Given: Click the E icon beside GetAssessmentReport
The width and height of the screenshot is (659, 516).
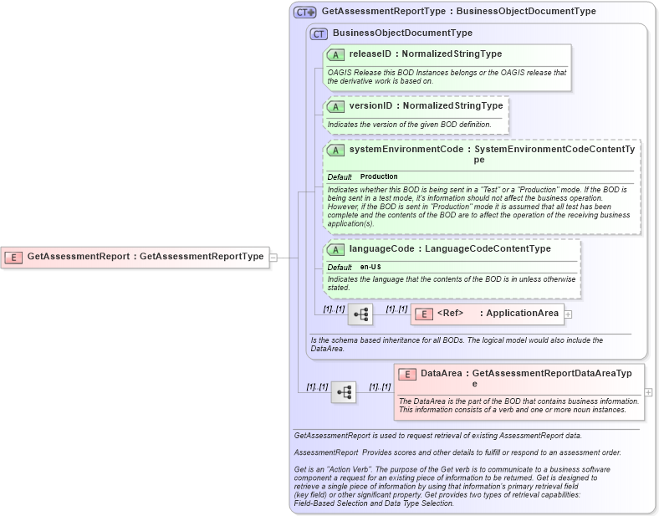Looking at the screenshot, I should click(13, 257).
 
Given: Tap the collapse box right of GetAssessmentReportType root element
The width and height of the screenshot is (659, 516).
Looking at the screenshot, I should click(273, 258).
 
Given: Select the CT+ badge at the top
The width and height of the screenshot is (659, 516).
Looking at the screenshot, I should click(304, 13).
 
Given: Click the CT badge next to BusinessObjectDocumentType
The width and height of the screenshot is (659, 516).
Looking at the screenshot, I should click(318, 33).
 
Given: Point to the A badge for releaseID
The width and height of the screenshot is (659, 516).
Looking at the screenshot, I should click(335, 54).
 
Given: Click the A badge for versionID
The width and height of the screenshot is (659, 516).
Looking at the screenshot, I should click(335, 107).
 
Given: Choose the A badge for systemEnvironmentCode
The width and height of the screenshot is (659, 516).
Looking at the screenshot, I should click(335, 150).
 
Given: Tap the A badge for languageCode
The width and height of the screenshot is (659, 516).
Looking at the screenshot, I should click(335, 249).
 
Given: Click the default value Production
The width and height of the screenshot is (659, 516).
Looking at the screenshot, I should click(379, 177).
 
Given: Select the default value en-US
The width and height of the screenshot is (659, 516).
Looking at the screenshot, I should click(370, 267).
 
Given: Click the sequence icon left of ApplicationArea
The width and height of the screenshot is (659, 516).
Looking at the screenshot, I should click(360, 314).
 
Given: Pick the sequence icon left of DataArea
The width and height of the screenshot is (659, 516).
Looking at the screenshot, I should click(344, 391).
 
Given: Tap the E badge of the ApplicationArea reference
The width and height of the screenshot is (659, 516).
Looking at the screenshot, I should click(424, 314).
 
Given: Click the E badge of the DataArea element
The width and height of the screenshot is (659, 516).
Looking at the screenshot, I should click(407, 375).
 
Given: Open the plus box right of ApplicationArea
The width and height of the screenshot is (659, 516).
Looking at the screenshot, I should click(569, 314).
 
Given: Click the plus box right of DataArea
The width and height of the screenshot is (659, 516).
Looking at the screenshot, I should click(648, 392).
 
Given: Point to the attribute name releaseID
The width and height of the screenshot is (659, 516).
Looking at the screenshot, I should click(370, 54).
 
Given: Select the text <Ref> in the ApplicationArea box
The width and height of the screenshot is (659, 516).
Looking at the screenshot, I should click(450, 314).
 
